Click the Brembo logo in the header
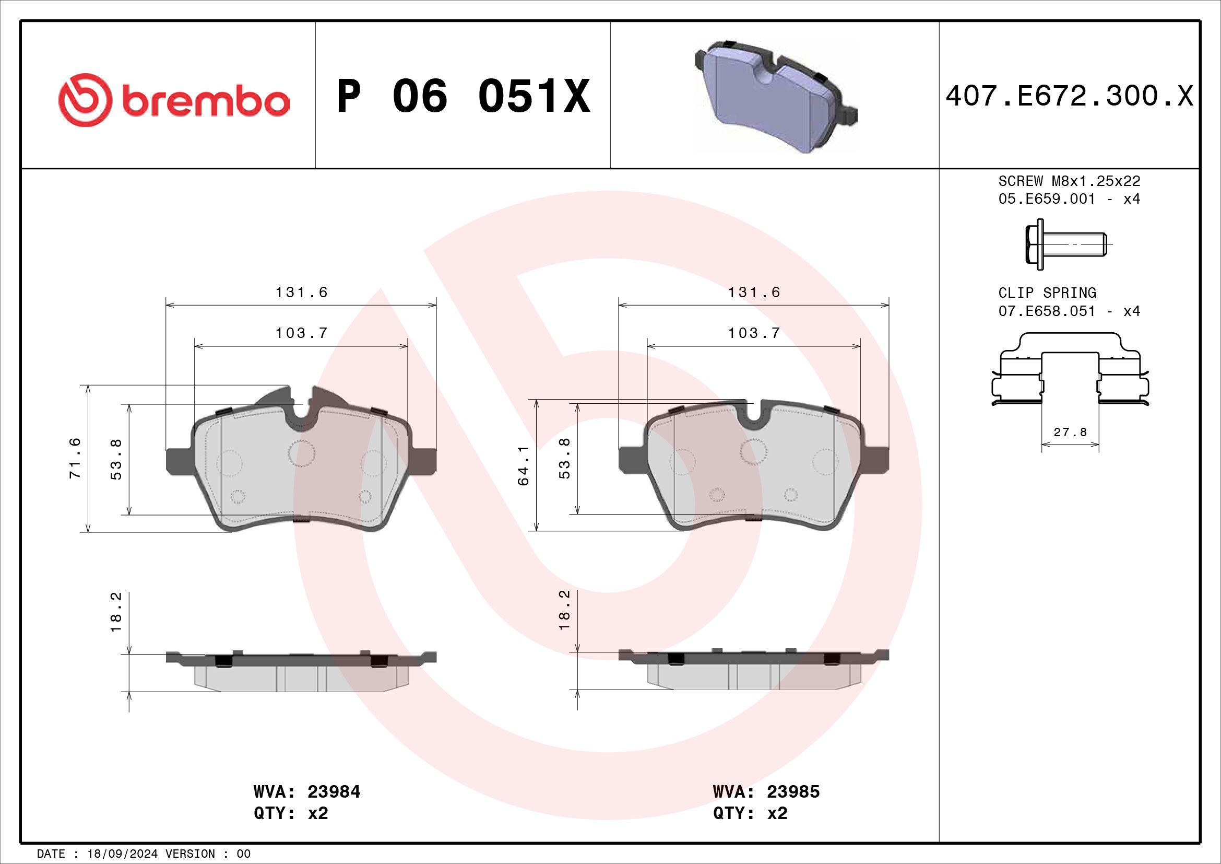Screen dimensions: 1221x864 [x=174, y=100]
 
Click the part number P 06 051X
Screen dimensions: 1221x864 [x=464, y=96]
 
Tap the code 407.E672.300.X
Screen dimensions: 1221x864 [x=1070, y=96]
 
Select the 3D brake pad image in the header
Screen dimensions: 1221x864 [x=776, y=96]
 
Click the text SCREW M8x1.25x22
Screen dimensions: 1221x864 [x=1070, y=181]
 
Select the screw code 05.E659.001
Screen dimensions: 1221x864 [x=1047, y=199]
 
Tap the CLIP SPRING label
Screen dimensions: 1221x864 [x=1047, y=293]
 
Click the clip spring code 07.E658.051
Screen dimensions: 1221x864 [x=1047, y=311]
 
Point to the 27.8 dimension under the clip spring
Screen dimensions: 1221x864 [x=1070, y=432]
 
